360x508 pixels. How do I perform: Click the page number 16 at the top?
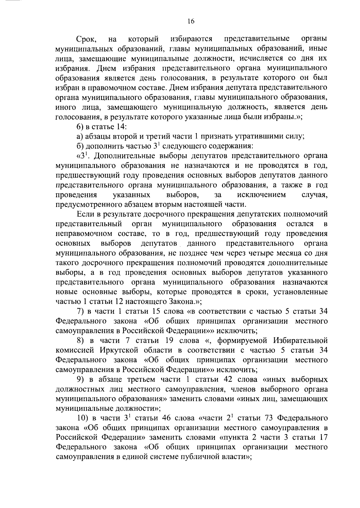(x=191, y=21)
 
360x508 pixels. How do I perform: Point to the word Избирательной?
(x=300, y=340)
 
